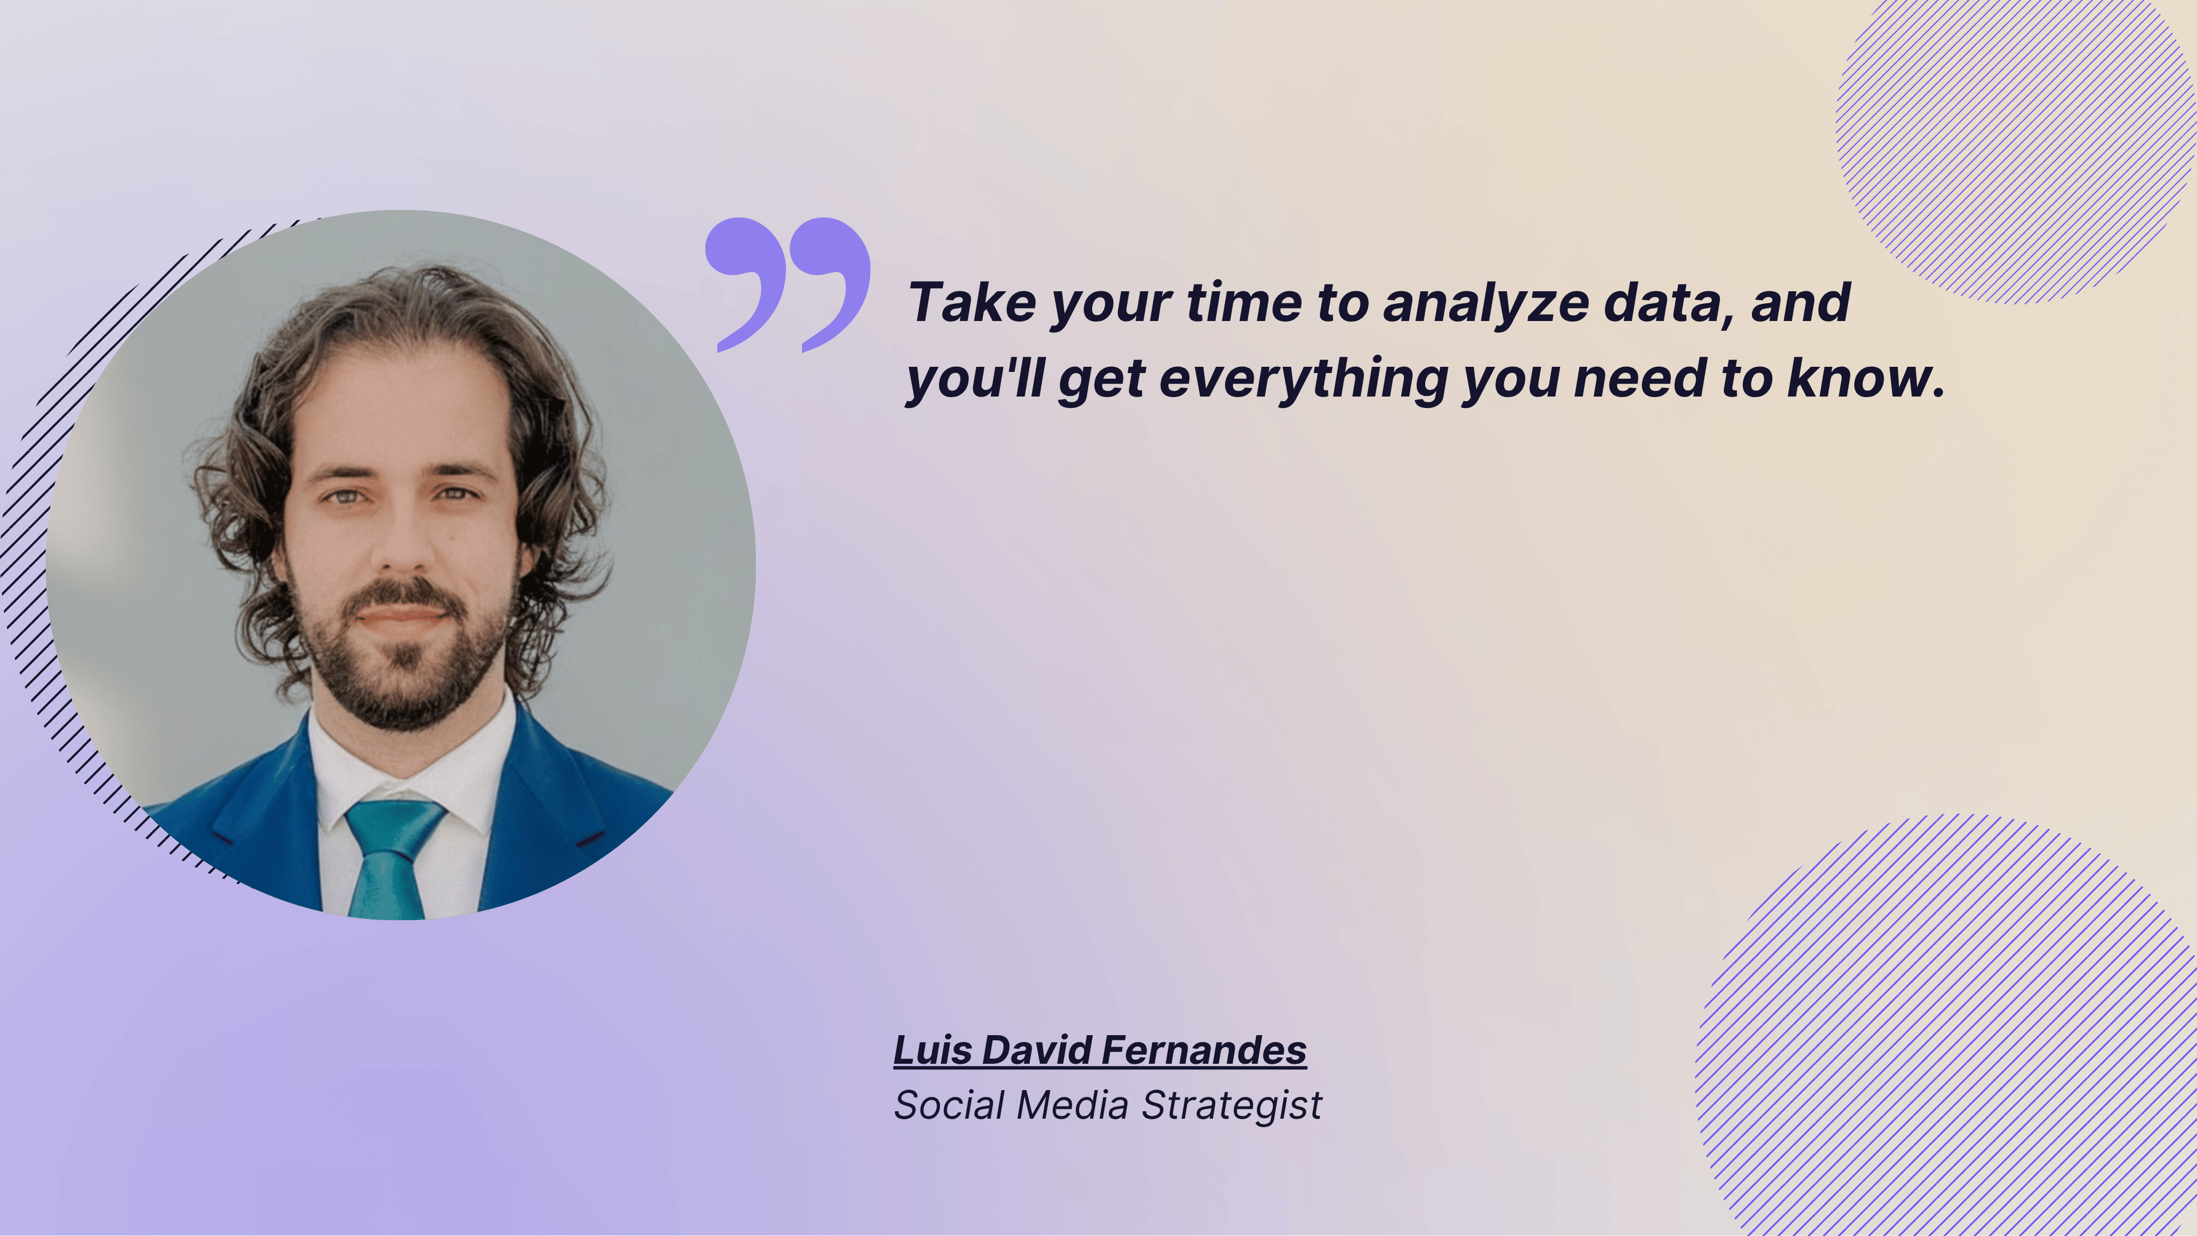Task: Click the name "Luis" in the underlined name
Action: pos(932,1050)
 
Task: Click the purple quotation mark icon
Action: pos(787,282)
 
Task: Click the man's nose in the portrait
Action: pos(403,546)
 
